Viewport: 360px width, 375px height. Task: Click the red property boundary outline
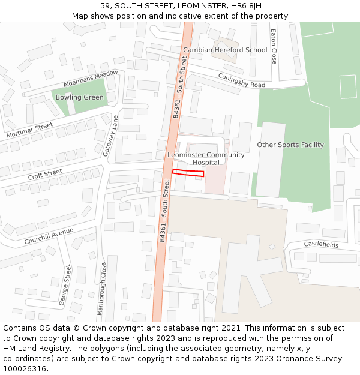[188, 173]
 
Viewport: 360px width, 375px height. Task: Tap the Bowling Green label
[80, 97]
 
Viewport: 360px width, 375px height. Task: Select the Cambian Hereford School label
[225, 50]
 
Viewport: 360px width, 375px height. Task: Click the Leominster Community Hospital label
[206, 158]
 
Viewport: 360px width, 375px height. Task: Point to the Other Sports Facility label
[290, 145]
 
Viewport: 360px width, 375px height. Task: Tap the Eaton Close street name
[274, 46]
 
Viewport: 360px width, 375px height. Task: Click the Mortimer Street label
[29, 130]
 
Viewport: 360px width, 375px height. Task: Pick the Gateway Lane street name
[110, 136]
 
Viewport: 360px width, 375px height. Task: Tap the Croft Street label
[45, 175]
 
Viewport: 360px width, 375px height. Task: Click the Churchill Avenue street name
[49, 236]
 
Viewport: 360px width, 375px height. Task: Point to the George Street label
[65, 286]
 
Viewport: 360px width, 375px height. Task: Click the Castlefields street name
[321, 245]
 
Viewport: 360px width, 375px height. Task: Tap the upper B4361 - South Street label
[181, 87]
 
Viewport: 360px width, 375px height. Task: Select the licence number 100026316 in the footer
[24, 368]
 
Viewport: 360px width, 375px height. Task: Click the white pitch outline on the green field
[348, 86]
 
